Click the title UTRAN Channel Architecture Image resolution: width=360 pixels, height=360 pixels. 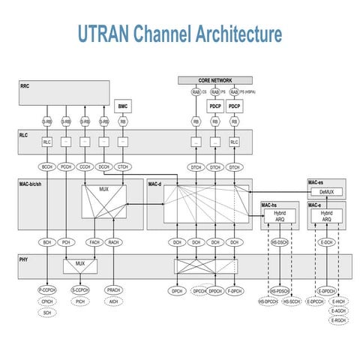point(180,34)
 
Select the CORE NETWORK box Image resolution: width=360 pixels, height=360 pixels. point(215,79)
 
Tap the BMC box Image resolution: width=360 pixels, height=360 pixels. point(122,106)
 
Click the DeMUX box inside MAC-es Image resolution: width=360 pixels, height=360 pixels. point(326,192)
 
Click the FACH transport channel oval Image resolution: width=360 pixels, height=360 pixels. point(94,243)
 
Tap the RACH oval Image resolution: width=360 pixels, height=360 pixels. point(114,243)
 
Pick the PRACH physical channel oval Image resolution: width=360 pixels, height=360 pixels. point(114,290)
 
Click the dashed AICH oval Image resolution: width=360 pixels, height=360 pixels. point(114,301)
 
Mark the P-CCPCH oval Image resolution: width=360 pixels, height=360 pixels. point(48,290)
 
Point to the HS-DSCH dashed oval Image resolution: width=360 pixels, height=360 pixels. point(280,243)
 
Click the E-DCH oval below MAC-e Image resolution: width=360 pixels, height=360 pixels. point(326,243)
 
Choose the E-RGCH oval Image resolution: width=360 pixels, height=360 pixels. point(338,320)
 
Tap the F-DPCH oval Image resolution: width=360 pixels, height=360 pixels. point(235,290)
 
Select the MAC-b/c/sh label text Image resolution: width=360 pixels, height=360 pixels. point(33,183)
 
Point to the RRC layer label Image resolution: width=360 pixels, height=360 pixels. point(25,87)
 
